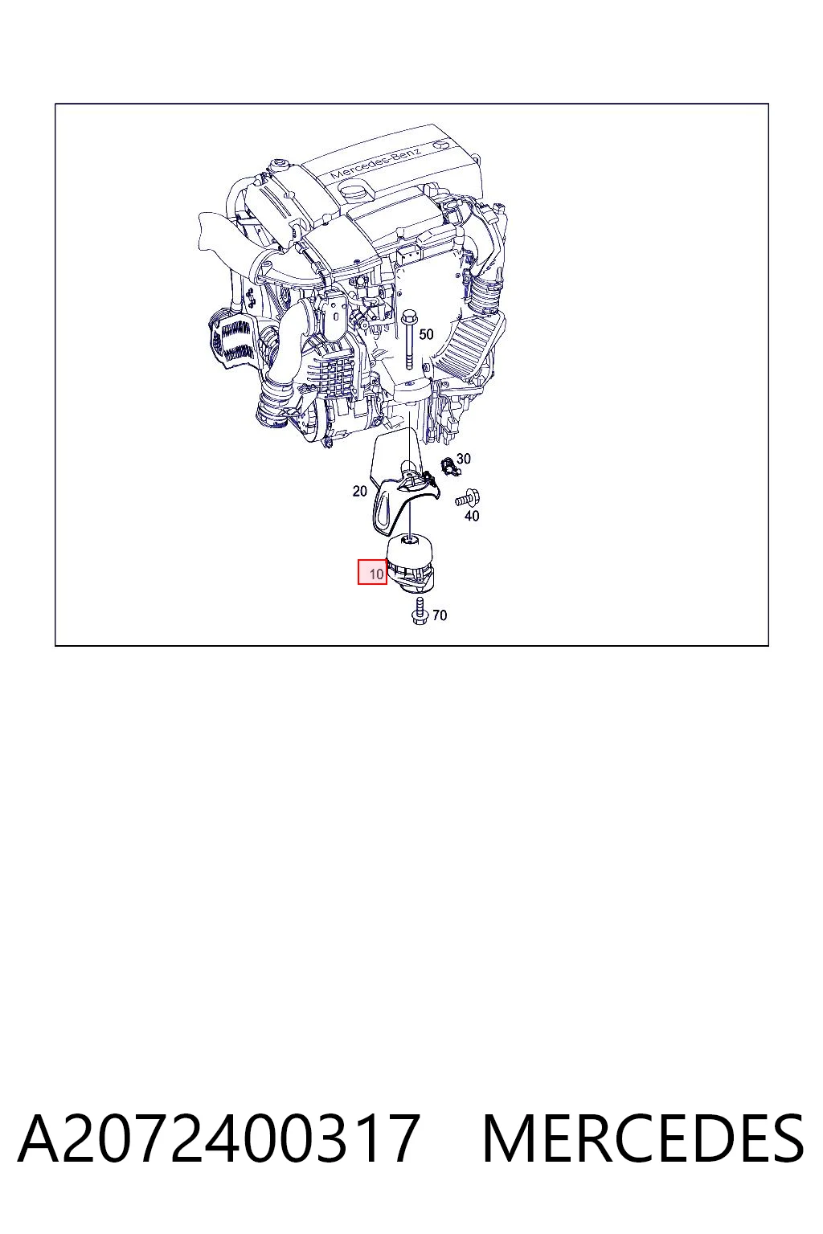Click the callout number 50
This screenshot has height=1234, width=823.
click(426, 334)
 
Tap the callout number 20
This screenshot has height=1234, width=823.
click(359, 491)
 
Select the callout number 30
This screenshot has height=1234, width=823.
click(464, 459)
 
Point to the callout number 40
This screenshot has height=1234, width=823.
click(472, 516)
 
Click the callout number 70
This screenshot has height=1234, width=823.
click(440, 615)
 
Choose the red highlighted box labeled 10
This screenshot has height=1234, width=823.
click(373, 572)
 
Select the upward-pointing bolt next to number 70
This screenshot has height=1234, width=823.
click(420, 611)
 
